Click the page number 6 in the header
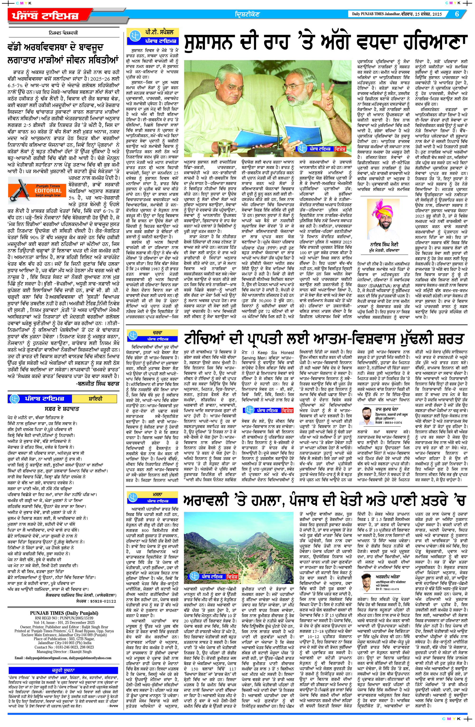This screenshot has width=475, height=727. click(x=457, y=14)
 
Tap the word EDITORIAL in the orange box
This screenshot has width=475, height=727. click(x=48, y=191)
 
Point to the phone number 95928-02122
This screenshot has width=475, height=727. click(x=104, y=601)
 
